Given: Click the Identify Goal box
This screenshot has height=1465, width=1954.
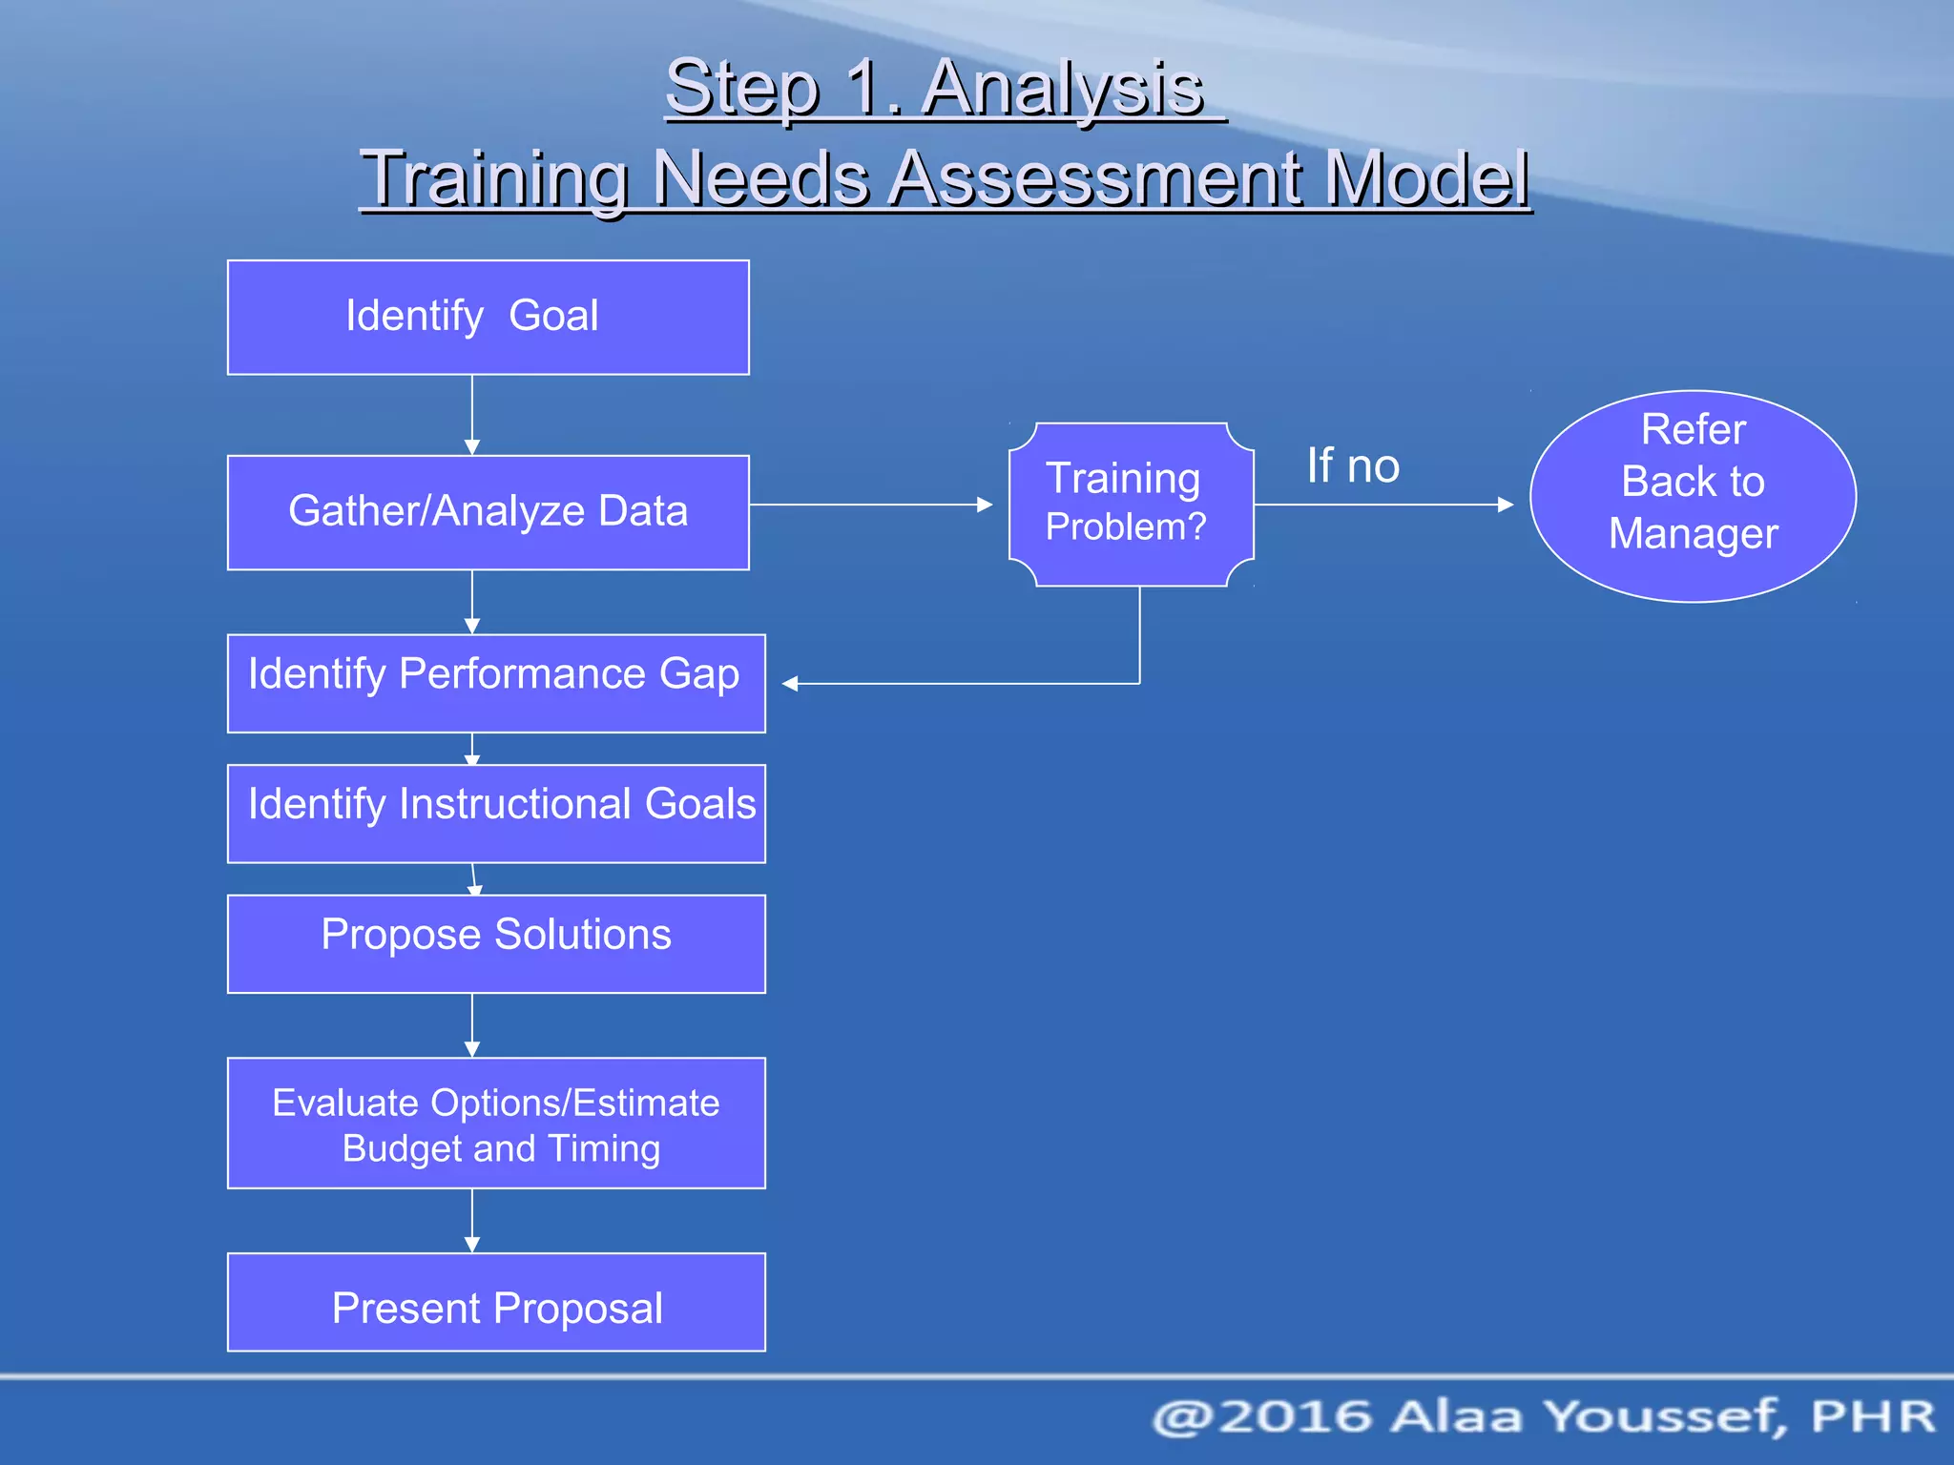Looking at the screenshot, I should [488, 317].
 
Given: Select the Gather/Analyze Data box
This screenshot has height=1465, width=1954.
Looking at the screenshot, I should [488, 512].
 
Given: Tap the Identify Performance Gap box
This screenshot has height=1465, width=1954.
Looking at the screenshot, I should [495, 683].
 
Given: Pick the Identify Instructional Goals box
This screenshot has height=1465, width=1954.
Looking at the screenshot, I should [495, 813].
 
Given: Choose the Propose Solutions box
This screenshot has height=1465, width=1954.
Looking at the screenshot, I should [495, 943].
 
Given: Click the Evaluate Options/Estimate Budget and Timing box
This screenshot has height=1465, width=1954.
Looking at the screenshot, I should [495, 1123].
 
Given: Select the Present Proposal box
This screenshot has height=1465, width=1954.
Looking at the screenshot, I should [495, 1302].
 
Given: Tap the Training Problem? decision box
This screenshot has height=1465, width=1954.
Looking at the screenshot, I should [1131, 504].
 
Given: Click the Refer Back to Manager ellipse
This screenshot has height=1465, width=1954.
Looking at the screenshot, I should [1693, 496].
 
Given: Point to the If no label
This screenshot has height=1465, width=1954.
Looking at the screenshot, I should [1352, 466].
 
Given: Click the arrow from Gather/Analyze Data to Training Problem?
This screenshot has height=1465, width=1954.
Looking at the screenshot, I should [870, 505].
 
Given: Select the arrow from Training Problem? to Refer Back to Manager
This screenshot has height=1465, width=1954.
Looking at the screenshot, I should [1383, 505].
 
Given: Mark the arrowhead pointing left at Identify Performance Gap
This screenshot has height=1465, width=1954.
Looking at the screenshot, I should [790, 683].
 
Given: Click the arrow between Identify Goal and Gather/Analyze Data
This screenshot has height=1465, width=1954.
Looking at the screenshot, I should [472, 415].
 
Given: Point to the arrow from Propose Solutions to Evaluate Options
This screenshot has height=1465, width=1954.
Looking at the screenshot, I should [472, 1025].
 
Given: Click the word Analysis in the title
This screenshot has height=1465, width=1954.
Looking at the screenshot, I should [1064, 88].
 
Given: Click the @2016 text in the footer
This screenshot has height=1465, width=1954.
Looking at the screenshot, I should [1264, 1416].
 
